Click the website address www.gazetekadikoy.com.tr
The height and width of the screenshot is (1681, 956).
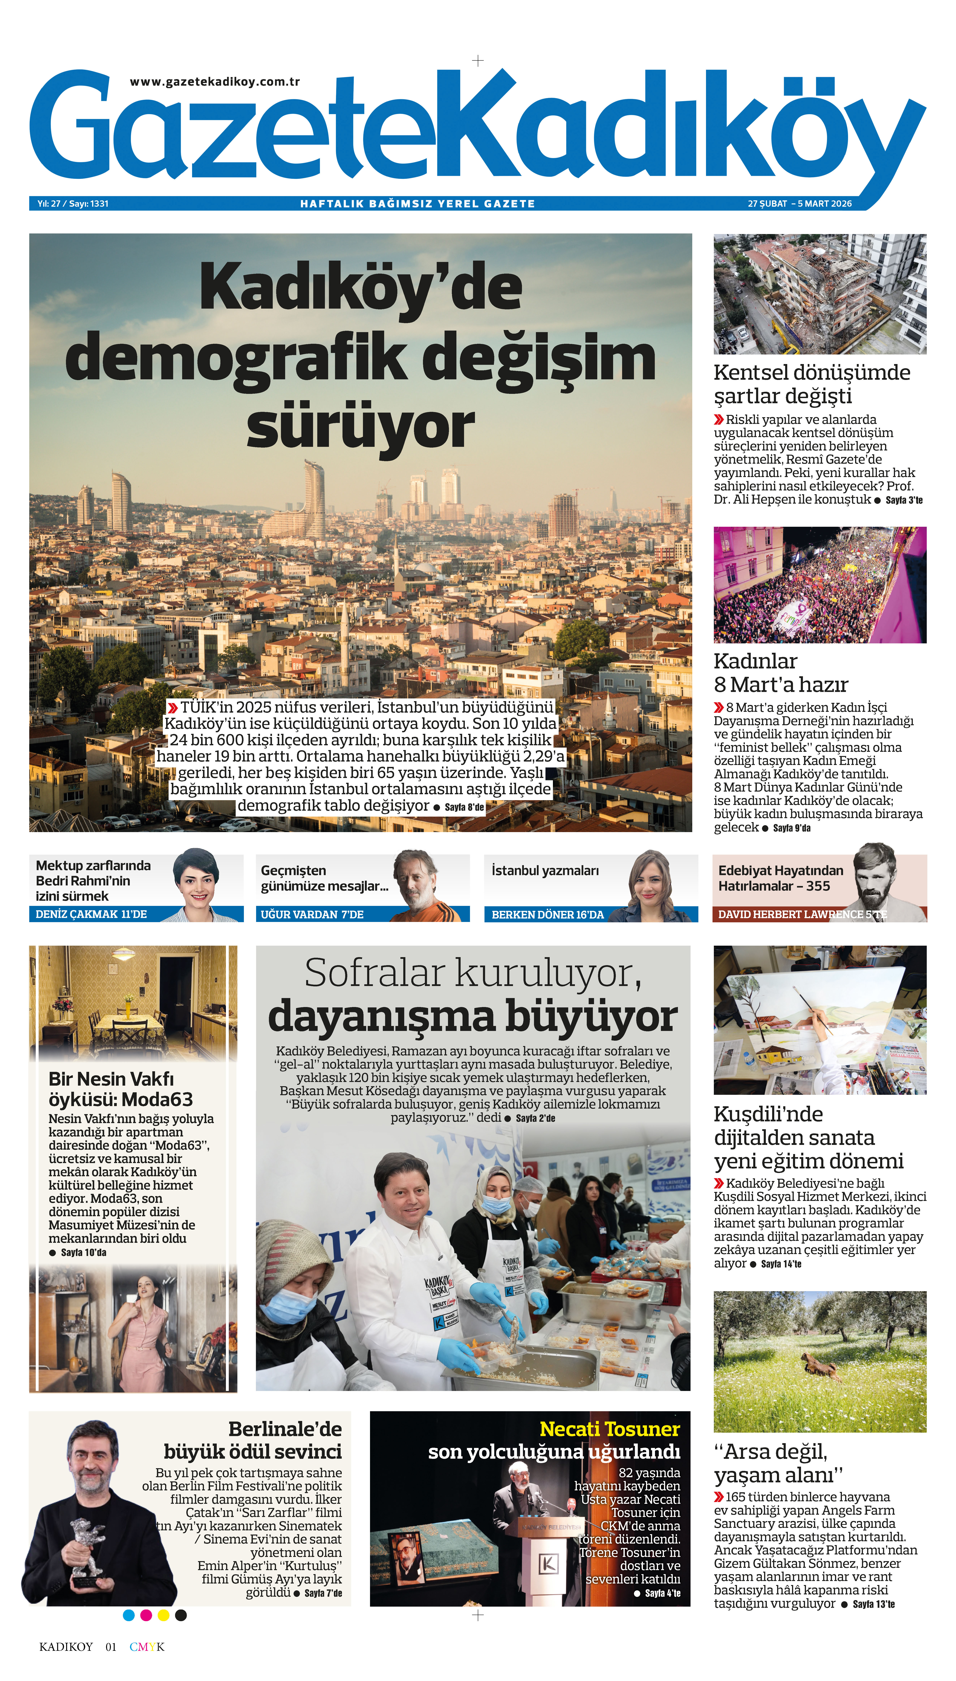coord(215,82)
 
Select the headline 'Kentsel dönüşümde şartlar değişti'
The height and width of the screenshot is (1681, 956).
coord(812,384)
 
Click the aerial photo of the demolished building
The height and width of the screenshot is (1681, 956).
coord(819,294)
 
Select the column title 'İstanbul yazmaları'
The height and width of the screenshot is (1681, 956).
coord(545,871)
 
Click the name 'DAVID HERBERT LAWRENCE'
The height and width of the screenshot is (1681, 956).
coord(790,914)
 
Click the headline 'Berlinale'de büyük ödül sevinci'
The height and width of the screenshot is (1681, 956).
coord(253,1440)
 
